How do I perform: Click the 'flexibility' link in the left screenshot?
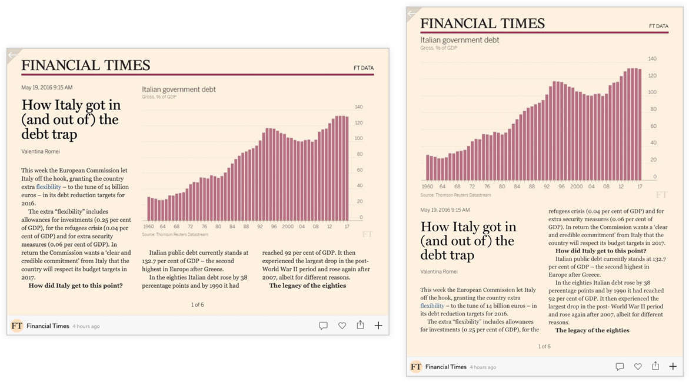click(48, 187)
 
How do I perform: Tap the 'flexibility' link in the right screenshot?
click(432, 305)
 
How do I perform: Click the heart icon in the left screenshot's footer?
click(342, 325)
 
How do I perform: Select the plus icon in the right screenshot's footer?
click(673, 366)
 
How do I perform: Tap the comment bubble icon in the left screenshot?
click(323, 325)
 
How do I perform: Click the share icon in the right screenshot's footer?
click(655, 366)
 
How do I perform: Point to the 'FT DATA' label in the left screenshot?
click(363, 68)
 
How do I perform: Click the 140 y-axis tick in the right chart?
click(652, 59)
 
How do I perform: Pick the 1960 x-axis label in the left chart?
click(148, 226)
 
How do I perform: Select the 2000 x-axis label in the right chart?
click(576, 186)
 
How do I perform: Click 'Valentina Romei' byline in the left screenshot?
click(41, 151)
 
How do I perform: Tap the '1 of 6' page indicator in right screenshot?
click(544, 346)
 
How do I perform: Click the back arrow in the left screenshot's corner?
click(12, 55)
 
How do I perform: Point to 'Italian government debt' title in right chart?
click(460, 40)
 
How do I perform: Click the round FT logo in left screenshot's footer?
click(17, 325)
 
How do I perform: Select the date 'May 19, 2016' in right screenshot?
click(445, 210)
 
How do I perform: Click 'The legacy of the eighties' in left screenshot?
click(307, 285)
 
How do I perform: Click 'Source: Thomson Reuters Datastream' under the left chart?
click(175, 234)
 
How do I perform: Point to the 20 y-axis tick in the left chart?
click(360, 201)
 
